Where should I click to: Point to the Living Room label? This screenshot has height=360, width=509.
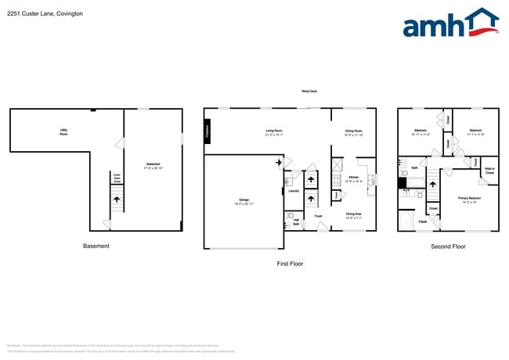coord(274,132)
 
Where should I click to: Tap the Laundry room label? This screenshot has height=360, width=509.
coord(294,190)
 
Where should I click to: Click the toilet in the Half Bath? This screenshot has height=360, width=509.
coord(290,215)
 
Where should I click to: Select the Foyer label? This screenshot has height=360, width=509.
coord(319,215)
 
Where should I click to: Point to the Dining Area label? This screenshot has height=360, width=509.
coord(354,214)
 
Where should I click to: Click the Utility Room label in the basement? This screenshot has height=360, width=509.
coord(63,132)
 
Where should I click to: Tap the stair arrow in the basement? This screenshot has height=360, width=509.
coord(117,200)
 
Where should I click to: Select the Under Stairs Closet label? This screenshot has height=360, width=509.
coord(117,178)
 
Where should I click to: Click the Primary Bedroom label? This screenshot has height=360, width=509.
coord(469,200)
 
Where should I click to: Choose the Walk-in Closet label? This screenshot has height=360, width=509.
coord(489,170)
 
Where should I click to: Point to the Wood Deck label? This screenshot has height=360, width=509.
coord(309,92)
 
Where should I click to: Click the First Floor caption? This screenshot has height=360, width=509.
coord(290,264)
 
